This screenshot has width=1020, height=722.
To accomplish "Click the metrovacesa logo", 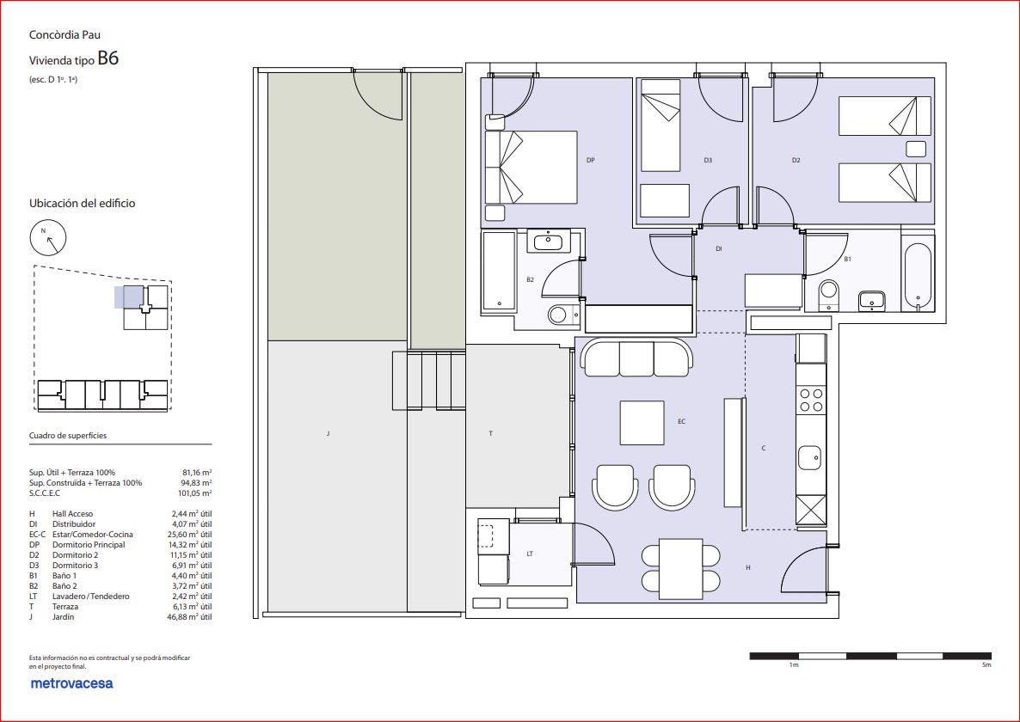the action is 71,683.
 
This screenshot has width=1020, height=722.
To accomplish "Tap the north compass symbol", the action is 48,238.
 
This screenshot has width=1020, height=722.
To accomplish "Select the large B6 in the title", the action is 108,58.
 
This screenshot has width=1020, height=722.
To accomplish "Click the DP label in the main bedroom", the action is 591,160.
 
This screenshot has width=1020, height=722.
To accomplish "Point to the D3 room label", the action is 708,160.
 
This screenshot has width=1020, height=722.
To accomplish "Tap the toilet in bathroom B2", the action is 560,315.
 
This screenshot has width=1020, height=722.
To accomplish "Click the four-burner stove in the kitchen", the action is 810,400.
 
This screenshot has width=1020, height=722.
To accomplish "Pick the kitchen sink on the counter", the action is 810,457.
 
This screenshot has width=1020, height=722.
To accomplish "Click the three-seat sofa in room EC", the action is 636,357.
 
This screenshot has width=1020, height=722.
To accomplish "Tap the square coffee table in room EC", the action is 642,422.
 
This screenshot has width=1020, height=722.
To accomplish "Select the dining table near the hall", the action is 681,569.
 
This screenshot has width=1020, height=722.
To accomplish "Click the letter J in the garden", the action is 328,433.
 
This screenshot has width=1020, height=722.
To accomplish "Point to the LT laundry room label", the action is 530,554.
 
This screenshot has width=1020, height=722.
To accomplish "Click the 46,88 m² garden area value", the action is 189,617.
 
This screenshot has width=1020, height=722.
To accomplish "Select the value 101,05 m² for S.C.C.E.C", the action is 194,493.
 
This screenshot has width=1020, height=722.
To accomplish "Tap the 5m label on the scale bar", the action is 986,664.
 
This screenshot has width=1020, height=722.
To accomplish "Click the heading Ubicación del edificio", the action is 82,204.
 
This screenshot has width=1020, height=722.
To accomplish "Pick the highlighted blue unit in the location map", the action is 129,297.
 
